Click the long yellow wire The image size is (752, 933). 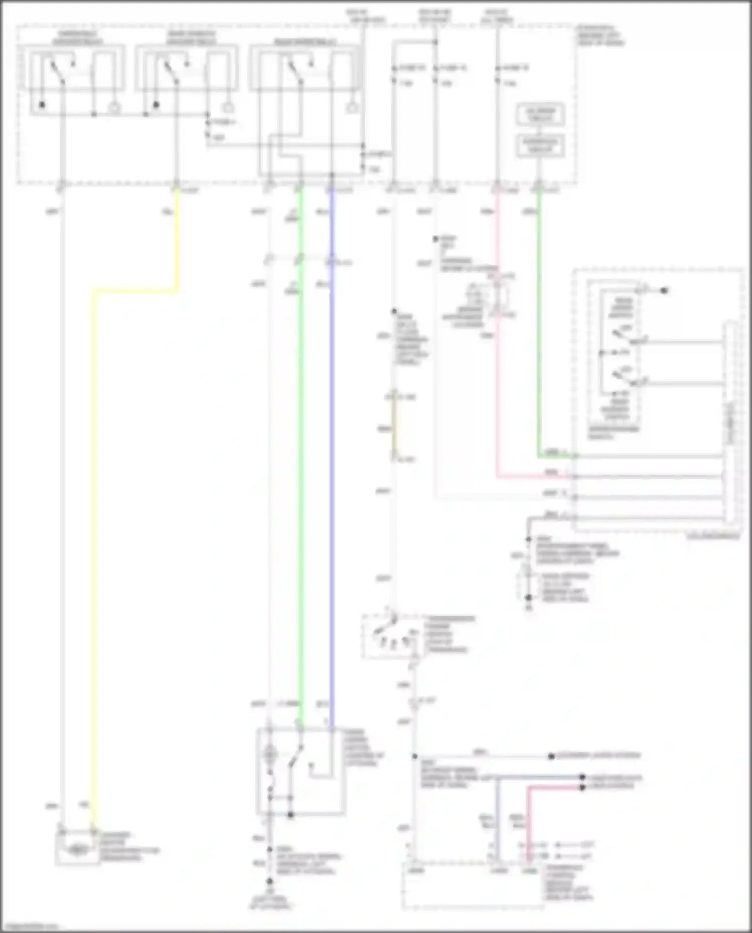(94, 551)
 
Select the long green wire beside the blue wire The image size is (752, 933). (301, 451)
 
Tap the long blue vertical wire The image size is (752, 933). (331, 451)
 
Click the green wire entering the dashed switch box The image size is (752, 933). (539, 326)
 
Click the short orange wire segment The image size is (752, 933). (394, 429)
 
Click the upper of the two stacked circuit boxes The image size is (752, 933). (540, 115)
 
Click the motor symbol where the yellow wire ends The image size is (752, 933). (76, 849)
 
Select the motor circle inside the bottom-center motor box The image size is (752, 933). (270, 754)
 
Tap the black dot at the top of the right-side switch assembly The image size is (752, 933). (664, 290)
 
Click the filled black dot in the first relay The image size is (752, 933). (42, 105)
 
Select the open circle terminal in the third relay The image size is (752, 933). (353, 107)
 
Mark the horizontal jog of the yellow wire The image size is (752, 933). (135, 290)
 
